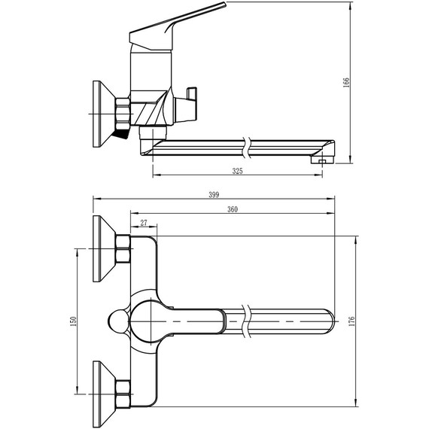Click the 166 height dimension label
pos(346,82)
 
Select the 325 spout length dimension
pos(238,171)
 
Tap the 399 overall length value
pos(214,195)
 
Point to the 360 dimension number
pos(233,209)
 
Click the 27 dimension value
pos(144,223)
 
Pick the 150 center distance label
pos(73,321)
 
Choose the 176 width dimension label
pos(351,321)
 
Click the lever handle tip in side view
pos(225,4)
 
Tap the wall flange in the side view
pos(104,114)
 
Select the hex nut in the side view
pos(123,114)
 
